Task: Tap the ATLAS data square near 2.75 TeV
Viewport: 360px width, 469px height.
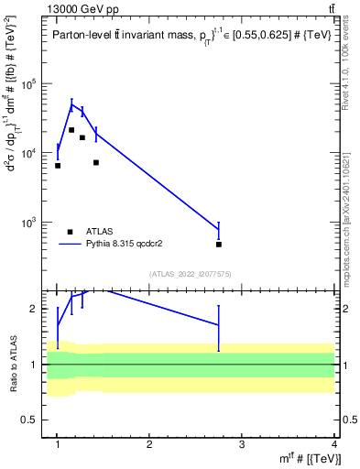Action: coord(219,245)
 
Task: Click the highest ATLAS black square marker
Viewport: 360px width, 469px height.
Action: coord(71,130)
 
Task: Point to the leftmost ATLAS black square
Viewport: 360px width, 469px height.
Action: coord(58,166)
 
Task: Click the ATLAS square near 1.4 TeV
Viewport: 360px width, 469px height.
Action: coord(96,163)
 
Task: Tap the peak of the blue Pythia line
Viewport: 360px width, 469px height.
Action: coord(71,105)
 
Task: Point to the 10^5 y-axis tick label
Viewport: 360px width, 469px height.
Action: coord(35,84)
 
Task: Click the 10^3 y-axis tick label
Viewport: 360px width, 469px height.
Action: coord(35,223)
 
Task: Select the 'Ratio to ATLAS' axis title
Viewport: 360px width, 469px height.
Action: coord(12,365)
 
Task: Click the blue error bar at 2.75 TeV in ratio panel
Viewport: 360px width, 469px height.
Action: coord(219,325)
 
